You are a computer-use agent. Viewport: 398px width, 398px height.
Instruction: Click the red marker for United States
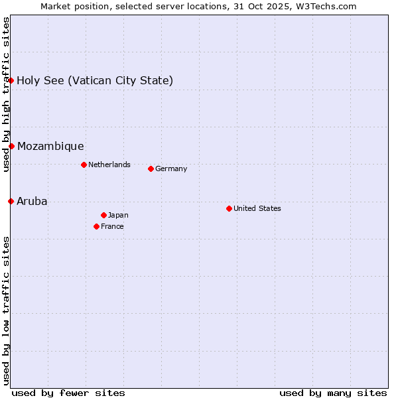click(229, 208)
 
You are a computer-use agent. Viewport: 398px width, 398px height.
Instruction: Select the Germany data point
click(151, 168)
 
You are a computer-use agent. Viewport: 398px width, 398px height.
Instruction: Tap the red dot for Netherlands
click(84, 165)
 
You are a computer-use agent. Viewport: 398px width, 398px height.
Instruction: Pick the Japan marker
click(103, 215)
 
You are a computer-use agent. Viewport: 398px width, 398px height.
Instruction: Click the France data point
click(96, 226)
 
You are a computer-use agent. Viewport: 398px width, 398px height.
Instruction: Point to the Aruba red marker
click(11, 201)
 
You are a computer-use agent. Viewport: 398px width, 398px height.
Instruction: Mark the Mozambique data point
click(11, 146)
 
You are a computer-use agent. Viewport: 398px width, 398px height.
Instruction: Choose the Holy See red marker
click(11, 80)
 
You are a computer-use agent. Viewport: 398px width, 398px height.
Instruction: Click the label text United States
click(257, 208)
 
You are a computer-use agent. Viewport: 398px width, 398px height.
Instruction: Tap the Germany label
click(171, 168)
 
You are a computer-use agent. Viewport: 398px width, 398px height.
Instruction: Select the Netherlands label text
click(109, 165)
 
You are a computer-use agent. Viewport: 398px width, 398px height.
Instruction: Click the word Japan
click(118, 215)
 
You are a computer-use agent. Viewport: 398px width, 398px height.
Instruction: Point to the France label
click(112, 226)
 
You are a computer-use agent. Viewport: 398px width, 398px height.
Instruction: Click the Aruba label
click(32, 201)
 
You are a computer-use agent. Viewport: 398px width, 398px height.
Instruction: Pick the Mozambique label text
click(50, 146)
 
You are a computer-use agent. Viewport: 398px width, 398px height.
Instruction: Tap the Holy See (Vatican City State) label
click(95, 80)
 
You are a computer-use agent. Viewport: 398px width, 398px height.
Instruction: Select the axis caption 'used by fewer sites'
click(68, 393)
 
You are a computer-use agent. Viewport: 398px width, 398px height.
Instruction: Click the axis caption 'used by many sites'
click(333, 393)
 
